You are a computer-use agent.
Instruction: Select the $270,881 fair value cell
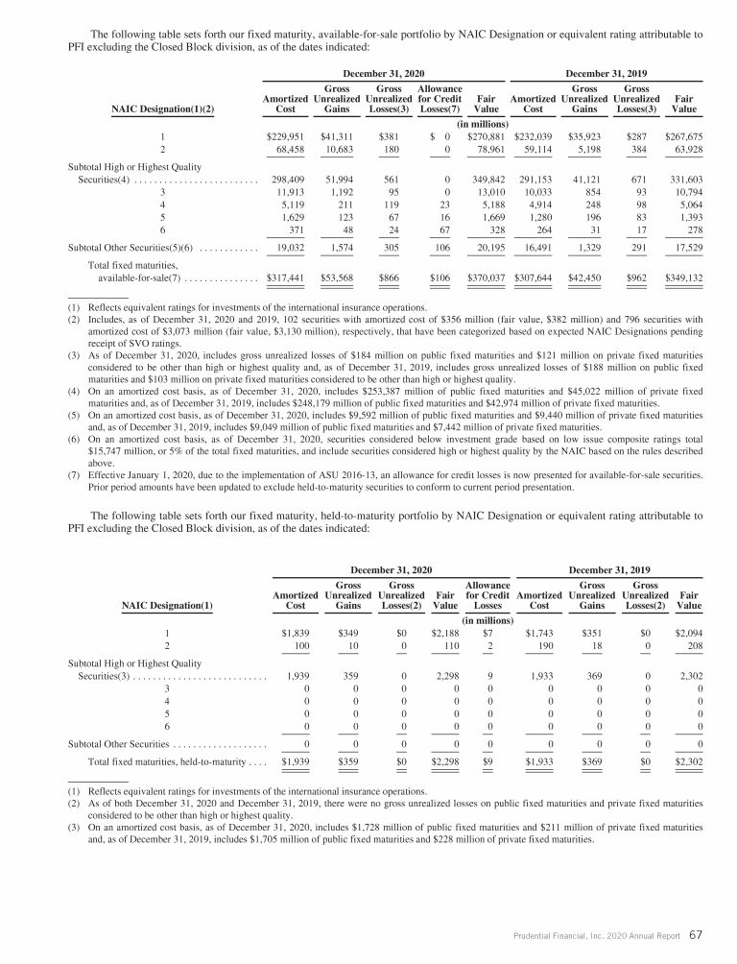click(487, 137)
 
